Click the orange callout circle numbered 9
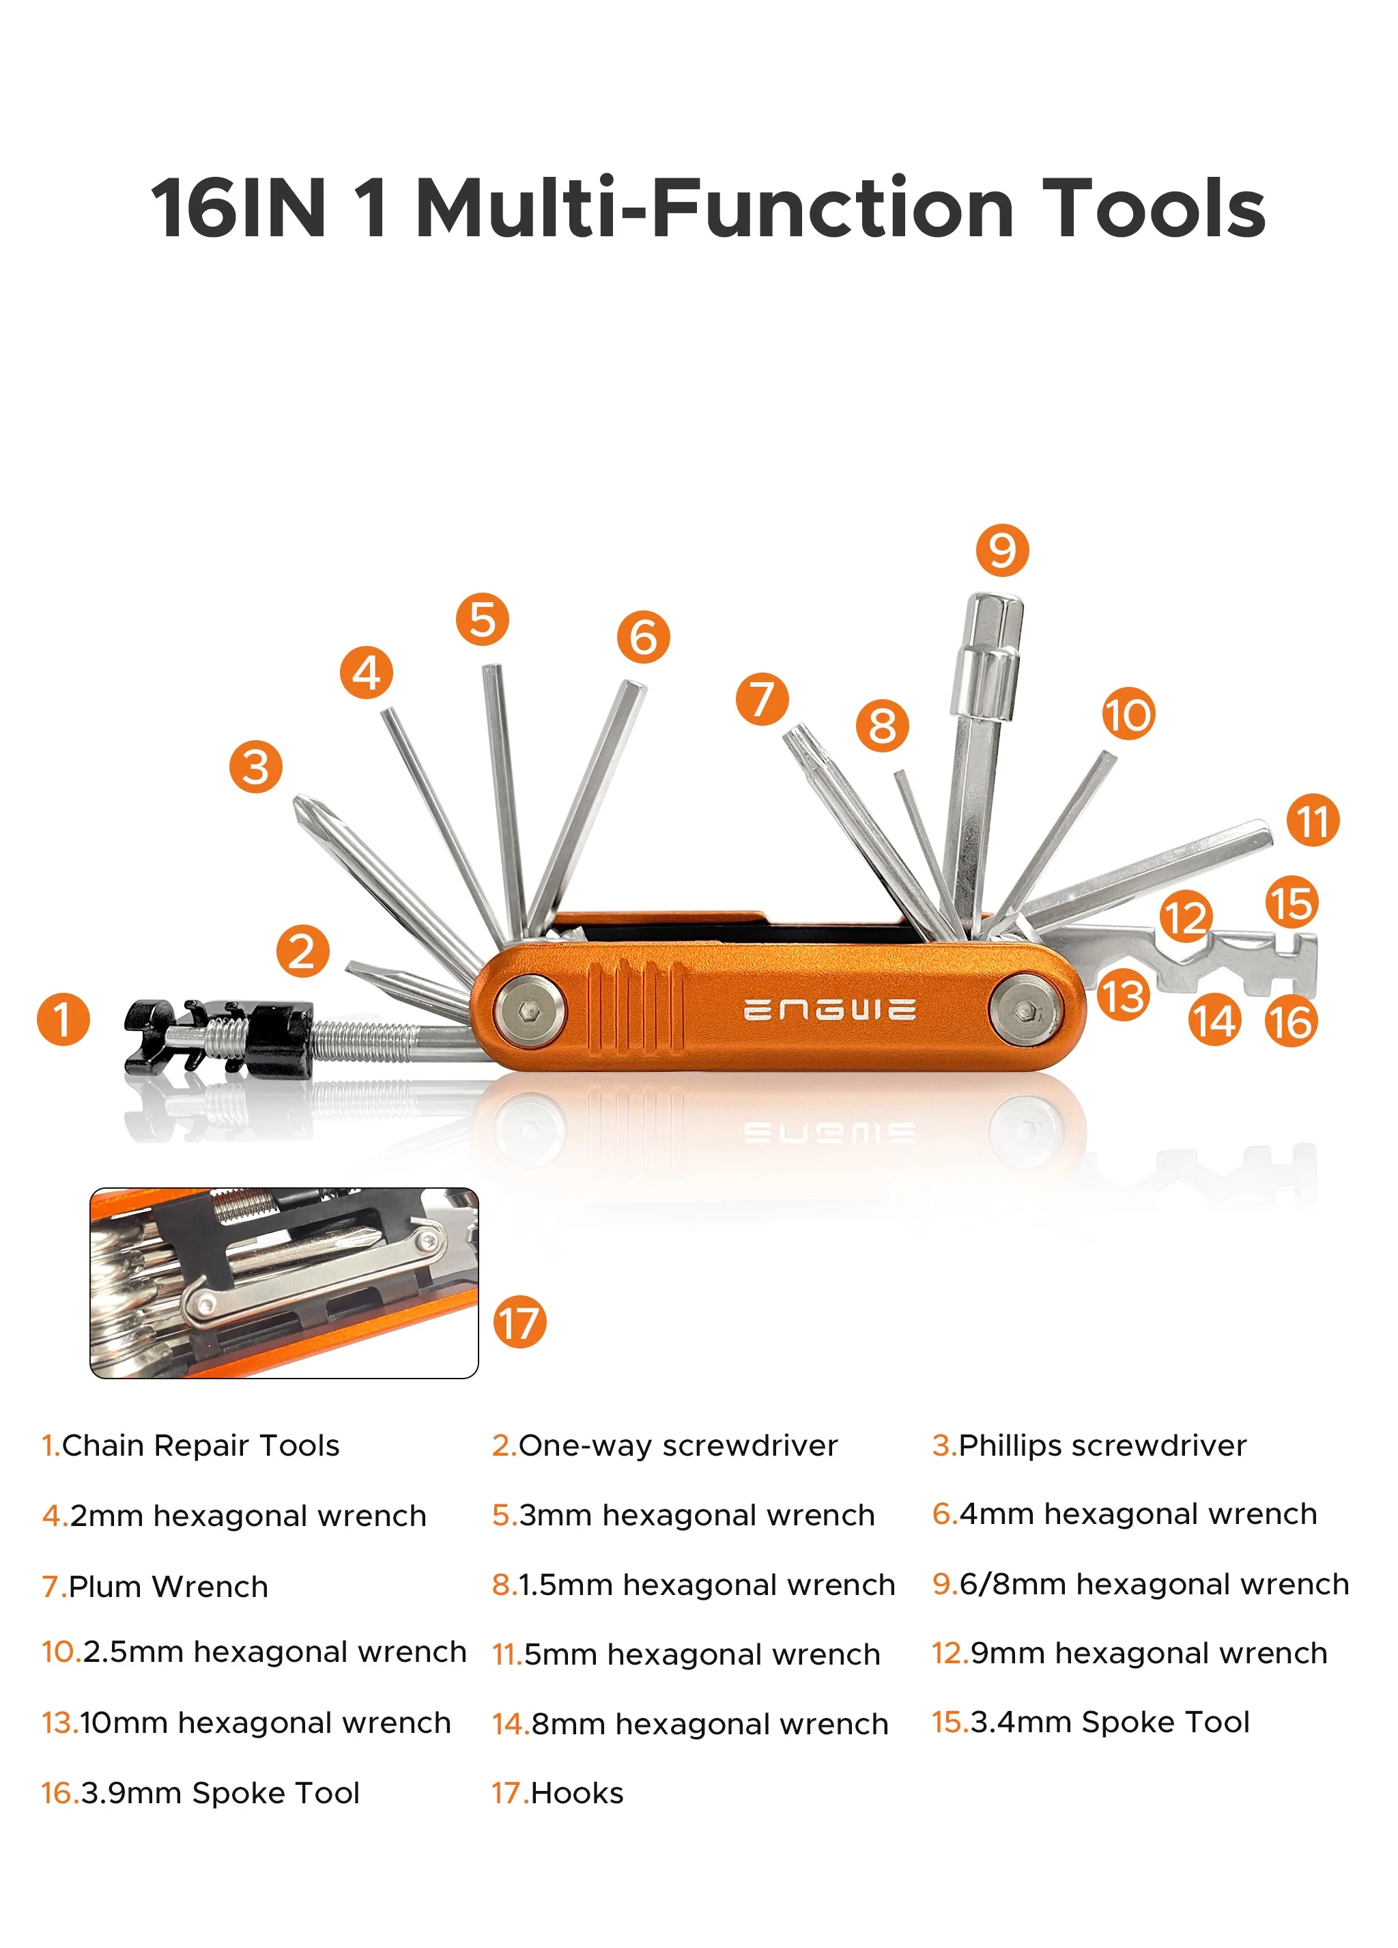[x=1001, y=550]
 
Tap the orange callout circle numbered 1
[x=63, y=1019]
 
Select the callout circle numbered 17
[x=519, y=1322]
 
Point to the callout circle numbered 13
[x=1122, y=996]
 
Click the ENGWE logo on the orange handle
[x=829, y=1009]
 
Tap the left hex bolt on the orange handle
[x=530, y=1010]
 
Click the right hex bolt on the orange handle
[x=1024, y=1010]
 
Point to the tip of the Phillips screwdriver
[x=306, y=807]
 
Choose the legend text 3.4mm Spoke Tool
[x=1109, y=1721]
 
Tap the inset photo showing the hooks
[x=283, y=1282]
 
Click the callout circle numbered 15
[x=1291, y=902]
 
